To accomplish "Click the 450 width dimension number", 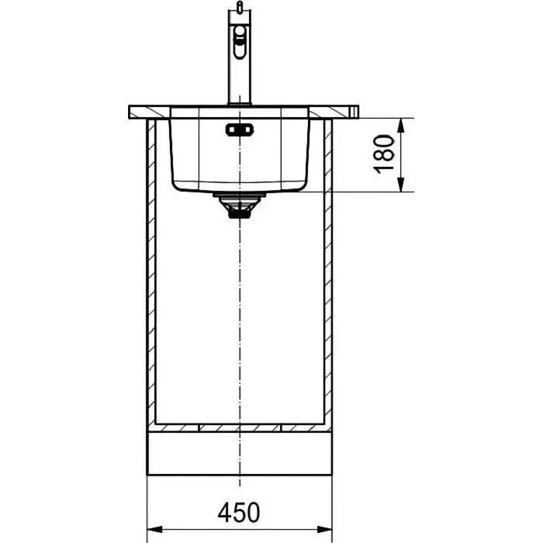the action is tap(239, 512).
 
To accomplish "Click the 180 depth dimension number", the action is tap(384, 154).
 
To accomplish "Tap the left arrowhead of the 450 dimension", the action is tap(155, 530).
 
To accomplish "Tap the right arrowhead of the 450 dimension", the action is tap(324, 530).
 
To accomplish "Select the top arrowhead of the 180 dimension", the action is tap(401, 126).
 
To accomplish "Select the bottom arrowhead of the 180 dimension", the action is tap(401, 185).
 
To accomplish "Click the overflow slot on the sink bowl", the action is tap(239, 130).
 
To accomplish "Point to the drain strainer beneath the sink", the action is tap(239, 206).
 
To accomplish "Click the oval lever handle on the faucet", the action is tap(239, 42).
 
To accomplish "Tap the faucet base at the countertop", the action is tap(239, 103).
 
